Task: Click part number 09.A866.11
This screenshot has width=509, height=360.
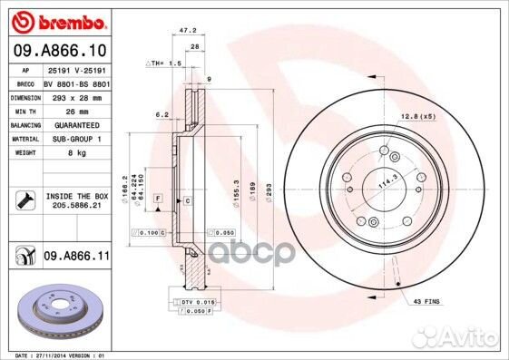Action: pos(76,258)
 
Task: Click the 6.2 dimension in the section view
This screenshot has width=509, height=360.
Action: pos(162,115)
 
